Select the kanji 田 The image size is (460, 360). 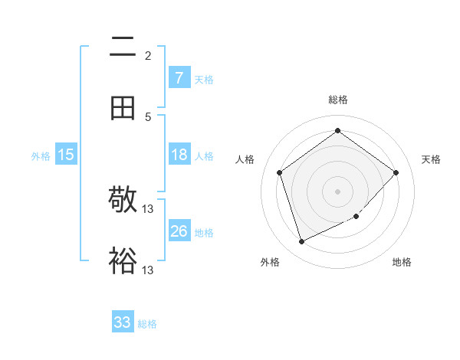[x=123, y=108]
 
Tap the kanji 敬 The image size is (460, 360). [x=123, y=201]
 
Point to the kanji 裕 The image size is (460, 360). [x=123, y=260]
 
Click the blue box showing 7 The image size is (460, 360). [x=179, y=77]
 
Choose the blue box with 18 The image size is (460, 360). [x=179, y=155]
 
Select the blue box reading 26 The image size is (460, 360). [x=179, y=231]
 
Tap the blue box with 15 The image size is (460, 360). [x=66, y=155]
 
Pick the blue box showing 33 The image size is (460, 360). [x=123, y=322]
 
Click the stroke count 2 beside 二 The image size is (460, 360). [x=148, y=56]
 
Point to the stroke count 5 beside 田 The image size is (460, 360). [x=148, y=116]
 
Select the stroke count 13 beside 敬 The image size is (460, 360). [x=148, y=209]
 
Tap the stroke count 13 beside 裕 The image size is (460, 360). [x=148, y=270]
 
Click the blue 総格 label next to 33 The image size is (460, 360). [x=147, y=324]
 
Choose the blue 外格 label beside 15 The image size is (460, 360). [x=41, y=156]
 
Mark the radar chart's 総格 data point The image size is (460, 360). [x=337, y=130]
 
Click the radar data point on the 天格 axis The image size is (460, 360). [x=396, y=172]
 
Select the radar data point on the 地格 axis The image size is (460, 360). [x=356, y=217]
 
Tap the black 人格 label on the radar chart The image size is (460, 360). [x=245, y=159]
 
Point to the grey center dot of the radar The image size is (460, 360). [x=337, y=191]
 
